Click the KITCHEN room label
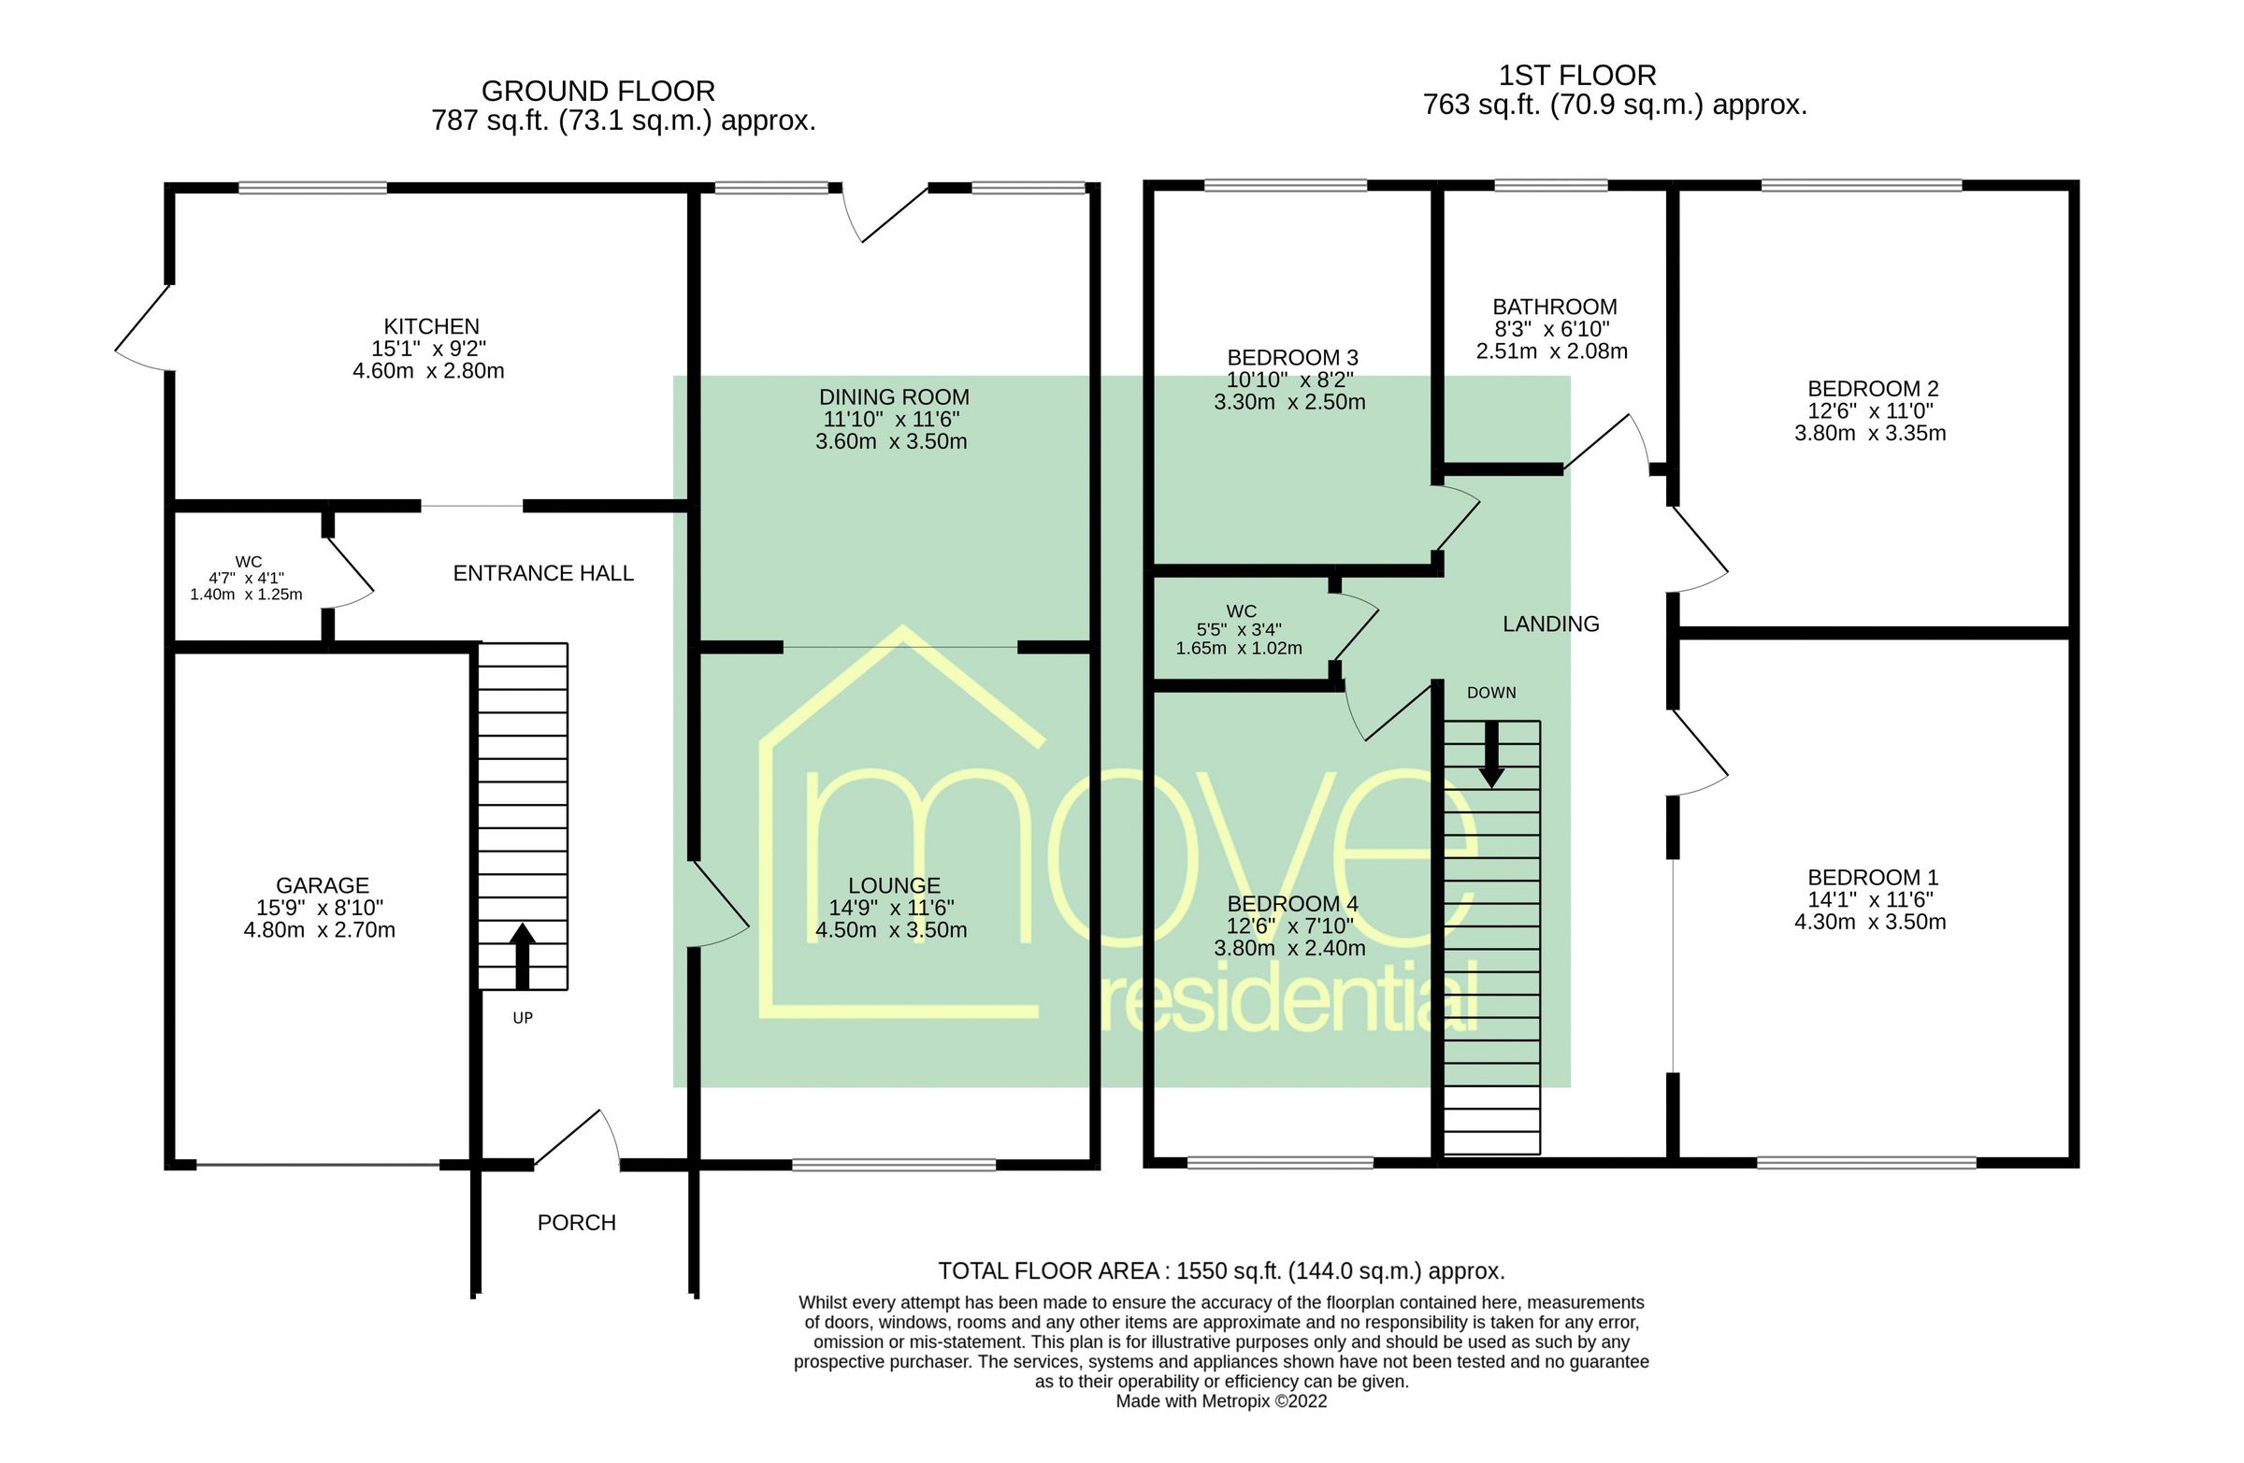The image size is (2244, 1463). (431, 326)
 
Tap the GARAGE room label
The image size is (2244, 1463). (322, 885)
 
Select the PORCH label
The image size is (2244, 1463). (576, 1223)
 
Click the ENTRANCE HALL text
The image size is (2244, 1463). (543, 573)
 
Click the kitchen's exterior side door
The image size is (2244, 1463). (143, 325)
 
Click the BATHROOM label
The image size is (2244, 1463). (1554, 307)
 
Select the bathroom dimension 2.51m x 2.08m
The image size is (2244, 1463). (1551, 351)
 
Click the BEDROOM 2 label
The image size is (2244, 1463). (1872, 388)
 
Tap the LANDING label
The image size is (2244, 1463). (1550, 624)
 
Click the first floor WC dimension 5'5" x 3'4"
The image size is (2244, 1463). (1238, 630)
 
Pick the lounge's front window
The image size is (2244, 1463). (893, 1165)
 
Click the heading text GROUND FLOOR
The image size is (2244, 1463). (597, 92)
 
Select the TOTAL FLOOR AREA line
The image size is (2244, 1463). (1220, 1270)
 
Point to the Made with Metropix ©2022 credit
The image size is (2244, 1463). (1220, 1401)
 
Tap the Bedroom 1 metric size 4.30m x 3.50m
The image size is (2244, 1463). (1869, 922)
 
